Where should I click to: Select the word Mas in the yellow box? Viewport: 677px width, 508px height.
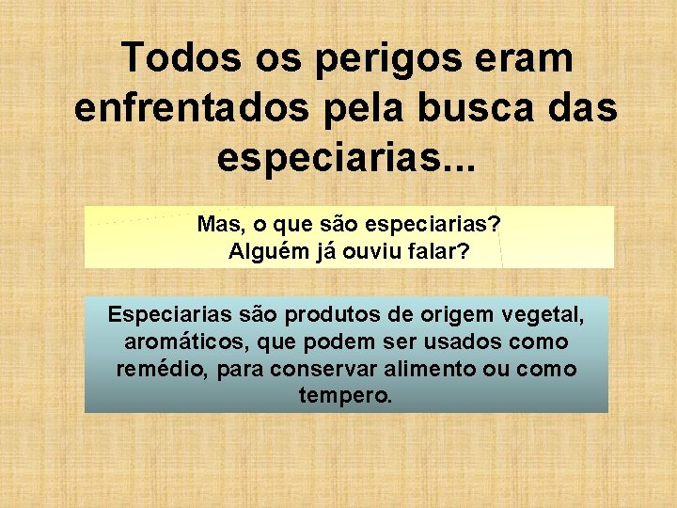pos(217,226)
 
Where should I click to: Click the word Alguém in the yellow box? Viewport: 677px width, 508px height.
pos(265,251)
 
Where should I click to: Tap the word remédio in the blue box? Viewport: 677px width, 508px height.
pos(161,369)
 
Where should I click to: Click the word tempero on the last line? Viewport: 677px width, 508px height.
pos(342,396)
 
